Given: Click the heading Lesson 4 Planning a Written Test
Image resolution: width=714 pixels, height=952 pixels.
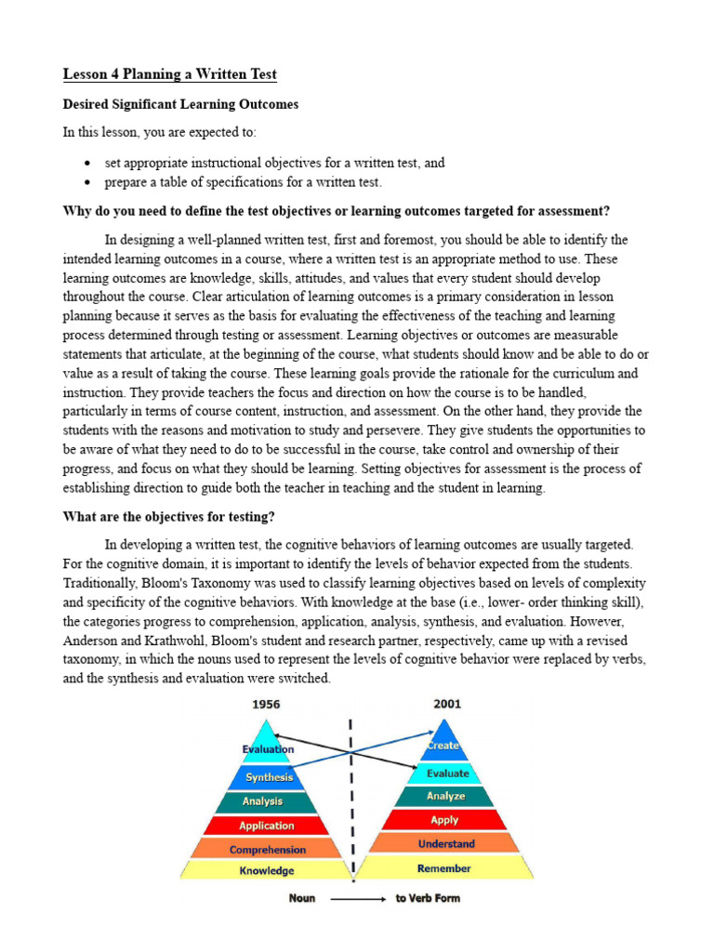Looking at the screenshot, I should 169,74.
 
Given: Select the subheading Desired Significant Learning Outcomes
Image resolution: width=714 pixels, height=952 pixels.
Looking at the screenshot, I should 180,104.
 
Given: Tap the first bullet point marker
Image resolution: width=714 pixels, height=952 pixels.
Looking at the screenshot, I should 86,163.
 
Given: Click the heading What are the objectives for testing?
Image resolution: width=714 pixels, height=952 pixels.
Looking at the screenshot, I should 168,516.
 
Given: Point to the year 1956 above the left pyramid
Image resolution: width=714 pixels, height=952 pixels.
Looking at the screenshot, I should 266,705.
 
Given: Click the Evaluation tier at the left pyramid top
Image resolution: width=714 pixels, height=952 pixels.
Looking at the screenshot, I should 268,748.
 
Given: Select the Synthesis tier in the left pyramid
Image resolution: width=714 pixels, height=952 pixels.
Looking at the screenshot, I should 269,777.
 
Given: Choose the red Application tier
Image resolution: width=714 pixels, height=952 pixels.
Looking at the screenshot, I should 267,826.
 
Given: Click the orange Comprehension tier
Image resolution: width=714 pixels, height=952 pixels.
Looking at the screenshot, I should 267,850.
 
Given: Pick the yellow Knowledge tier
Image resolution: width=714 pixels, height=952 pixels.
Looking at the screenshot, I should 267,871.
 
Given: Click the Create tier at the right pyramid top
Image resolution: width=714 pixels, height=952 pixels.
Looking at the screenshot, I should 443,746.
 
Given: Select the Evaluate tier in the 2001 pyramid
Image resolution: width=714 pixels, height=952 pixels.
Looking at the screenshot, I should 446,773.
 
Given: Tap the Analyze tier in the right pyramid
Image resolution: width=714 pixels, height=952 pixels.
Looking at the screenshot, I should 445,797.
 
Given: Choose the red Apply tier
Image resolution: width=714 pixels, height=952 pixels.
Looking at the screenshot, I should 445,820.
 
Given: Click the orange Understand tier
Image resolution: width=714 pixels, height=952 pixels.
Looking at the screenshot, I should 445,844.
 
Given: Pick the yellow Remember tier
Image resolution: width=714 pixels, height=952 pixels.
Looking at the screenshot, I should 444,868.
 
